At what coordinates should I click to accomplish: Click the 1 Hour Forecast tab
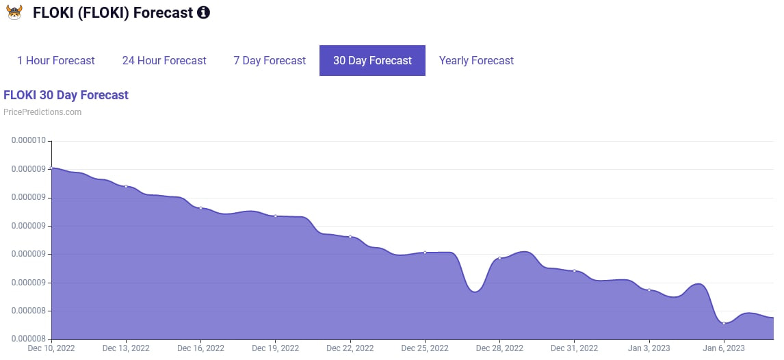tap(56, 61)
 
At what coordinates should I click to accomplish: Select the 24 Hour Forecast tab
tap(164, 61)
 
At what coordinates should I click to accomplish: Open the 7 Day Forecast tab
tap(270, 61)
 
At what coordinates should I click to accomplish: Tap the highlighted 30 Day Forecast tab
tap(372, 61)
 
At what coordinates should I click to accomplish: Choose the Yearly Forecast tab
tap(476, 61)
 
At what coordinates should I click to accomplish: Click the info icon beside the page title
tap(203, 12)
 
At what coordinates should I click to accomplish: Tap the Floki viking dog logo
tap(14, 12)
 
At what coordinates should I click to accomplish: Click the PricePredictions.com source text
tap(42, 112)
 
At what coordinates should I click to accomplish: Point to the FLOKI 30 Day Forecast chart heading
tap(66, 95)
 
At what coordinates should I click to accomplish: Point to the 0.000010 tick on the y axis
tap(28, 141)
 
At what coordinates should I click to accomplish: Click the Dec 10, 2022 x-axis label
tap(51, 348)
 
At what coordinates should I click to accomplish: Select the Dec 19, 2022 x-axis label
tap(275, 348)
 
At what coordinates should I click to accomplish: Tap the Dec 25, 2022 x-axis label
tap(425, 348)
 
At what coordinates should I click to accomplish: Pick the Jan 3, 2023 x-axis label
tap(649, 348)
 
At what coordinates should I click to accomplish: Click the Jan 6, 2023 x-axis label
tap(723, 348)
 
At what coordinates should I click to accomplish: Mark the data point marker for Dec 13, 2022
tap(126, 186)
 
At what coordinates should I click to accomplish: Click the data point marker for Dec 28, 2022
tap(499, 258)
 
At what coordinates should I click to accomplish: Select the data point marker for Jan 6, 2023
tap(724, 323)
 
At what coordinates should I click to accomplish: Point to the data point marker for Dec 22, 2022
tap(350, 237)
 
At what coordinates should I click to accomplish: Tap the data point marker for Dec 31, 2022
tap(574, 271)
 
